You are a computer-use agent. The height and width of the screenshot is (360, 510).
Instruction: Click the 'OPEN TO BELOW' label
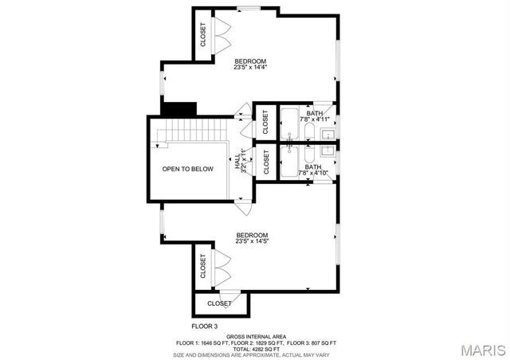tap(188, 169)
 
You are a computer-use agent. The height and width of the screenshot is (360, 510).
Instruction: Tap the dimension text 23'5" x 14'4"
tap(250, 68)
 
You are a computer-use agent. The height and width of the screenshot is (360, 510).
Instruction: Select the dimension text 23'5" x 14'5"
tap(252, 241)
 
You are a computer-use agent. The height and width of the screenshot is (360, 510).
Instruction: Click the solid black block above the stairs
tap(179, 108)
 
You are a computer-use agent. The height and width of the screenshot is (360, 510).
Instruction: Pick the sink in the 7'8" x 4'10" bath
tap(328, 149)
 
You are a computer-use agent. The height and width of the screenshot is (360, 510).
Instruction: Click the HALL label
tap(237, 163)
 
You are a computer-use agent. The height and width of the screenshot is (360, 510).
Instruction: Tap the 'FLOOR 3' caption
tap(205, 326)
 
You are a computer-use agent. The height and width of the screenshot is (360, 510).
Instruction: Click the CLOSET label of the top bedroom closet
tap(203, 34)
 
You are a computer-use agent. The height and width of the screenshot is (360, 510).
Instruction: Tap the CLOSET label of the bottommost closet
tap(219, 303)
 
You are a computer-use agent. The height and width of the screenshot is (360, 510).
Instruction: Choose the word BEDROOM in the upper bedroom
tap(250, 61)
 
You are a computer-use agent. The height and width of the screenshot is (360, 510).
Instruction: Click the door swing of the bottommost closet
tap(227, 296)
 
